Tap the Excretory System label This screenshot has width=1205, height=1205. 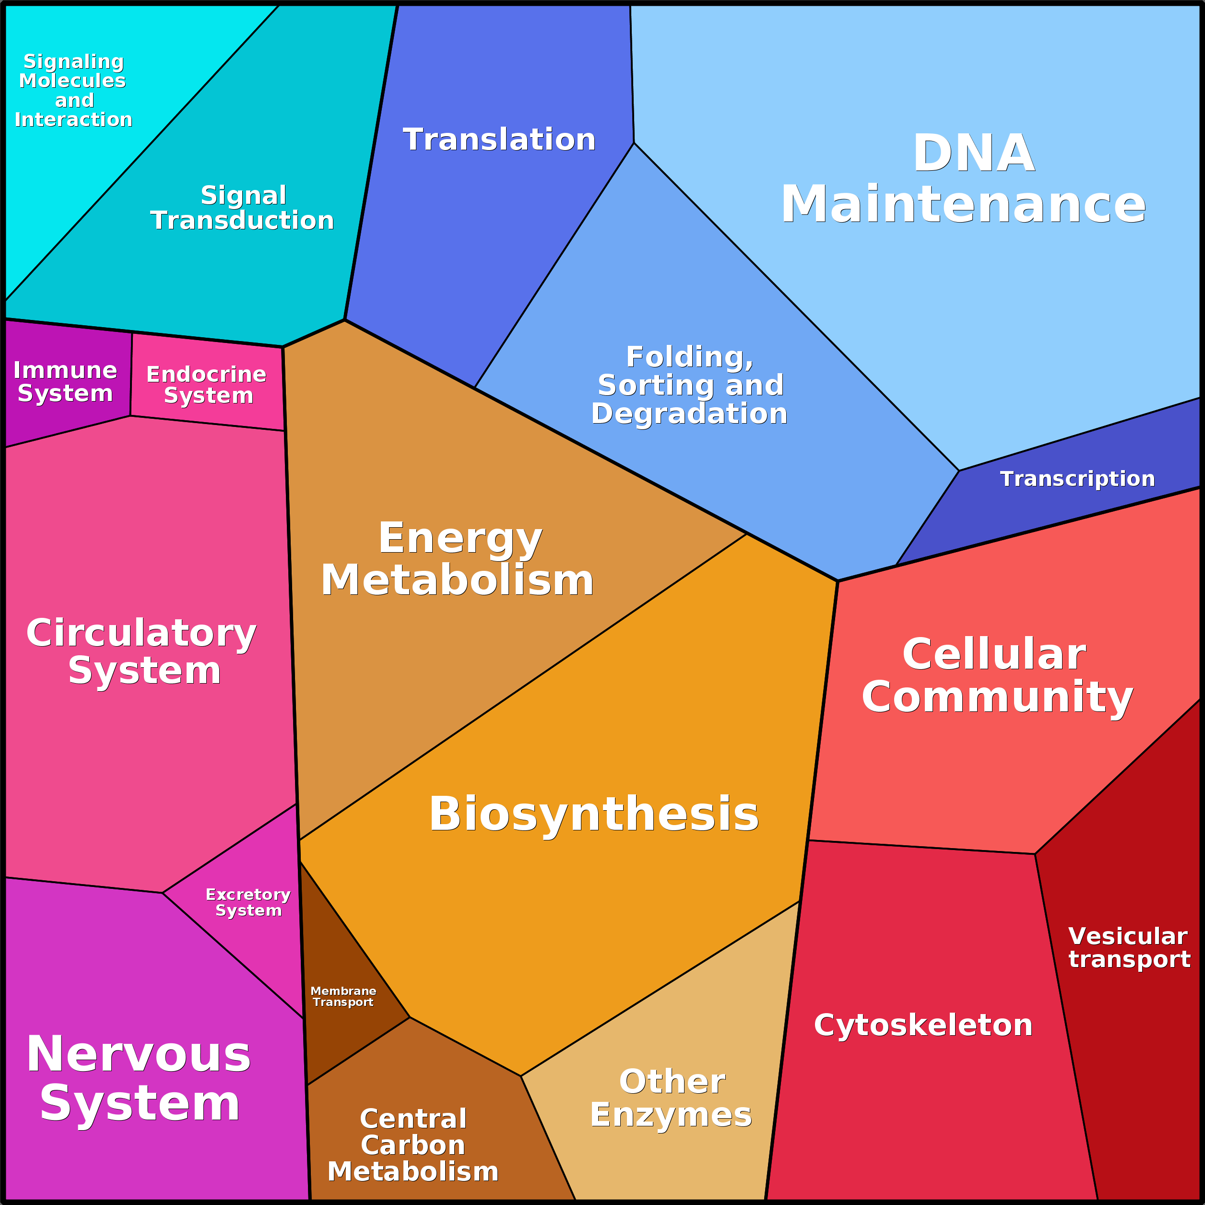click(248, 902)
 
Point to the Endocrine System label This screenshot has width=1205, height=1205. click(206, 384)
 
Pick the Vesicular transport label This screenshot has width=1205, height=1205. click(1129, 947)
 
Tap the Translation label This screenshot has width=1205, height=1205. click(499, 139)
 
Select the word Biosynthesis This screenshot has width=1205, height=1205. click(594, 814)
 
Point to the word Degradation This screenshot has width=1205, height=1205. click(689, 413)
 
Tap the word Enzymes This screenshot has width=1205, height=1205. click(671, 1114)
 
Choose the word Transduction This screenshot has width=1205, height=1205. click(242, 220)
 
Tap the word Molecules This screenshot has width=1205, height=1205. click(72, 81)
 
